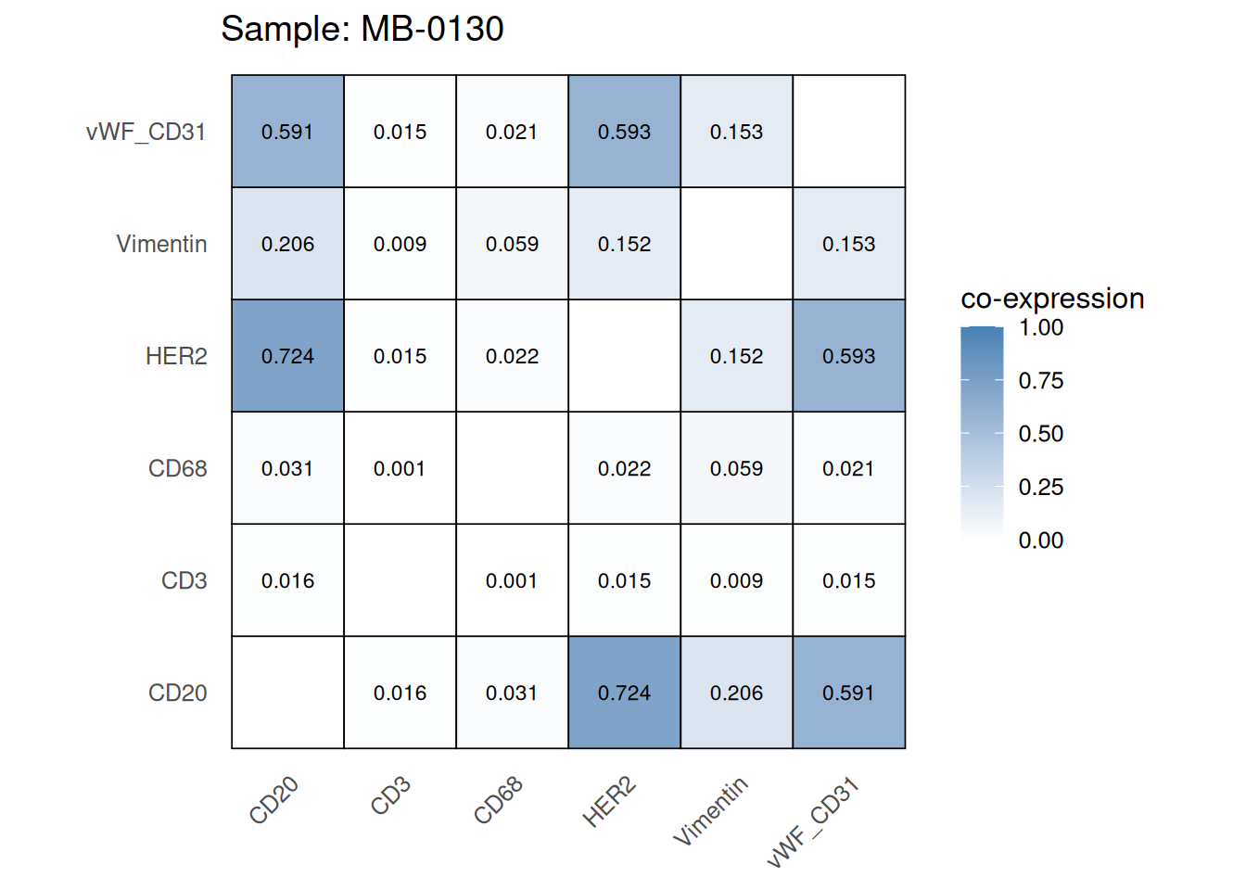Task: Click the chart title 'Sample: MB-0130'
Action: tap(362, 30)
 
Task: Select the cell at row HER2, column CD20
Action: tap(287, 356)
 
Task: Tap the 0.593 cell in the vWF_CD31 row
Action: tap(624, 132)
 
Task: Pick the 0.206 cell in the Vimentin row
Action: tap(287, 244)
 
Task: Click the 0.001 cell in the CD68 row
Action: tap(400, 468)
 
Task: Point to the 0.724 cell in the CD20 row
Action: tap(624, 693)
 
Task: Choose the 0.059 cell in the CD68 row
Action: tap(736, 468)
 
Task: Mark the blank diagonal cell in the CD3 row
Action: tap(400, 580)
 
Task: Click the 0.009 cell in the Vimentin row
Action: tap(400, 244)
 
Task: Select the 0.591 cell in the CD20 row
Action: tap(848, 693)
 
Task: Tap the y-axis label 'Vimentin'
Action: tap(161, 244)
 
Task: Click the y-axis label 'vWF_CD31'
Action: tap(146, 132)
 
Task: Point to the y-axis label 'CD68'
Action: tap(177, 468)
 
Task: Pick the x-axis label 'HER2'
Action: tap(609, 802)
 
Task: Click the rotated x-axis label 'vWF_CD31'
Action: tap(813, 823)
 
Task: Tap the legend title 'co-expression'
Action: tap(1052, 299)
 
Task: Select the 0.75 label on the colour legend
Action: tap(1040, 381)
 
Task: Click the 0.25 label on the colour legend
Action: tap(1040, 488)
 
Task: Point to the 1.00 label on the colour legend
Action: tap(1040, 328)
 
